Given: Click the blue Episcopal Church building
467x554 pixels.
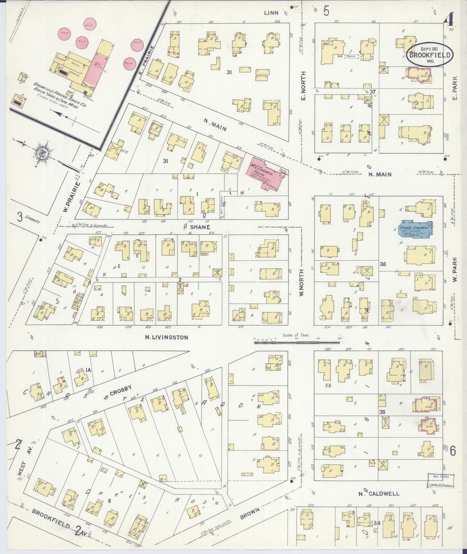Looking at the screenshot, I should tap(415, 230).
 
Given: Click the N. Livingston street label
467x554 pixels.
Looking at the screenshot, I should tap(166, 337).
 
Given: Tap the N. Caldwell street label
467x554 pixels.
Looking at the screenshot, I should tap(378, 494).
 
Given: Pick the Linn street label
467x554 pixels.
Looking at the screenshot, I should tap(271, 13).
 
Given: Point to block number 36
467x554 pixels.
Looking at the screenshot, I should tap(383, 264).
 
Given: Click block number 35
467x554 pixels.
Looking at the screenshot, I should tap(382, 412).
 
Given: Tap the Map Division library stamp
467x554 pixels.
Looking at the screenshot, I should tap(441, 480).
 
